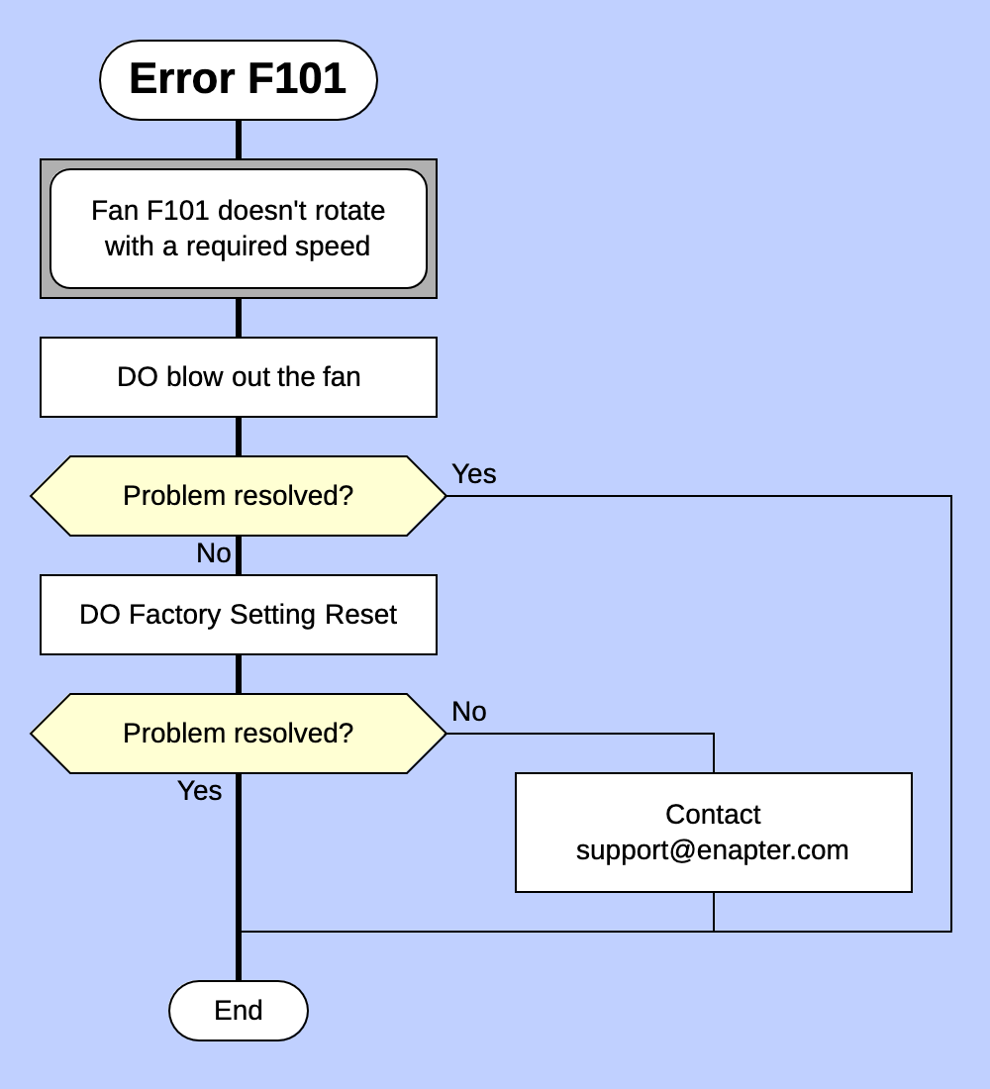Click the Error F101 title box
pyautogui.click(x=238, y=80)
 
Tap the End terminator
pyautogui.click(x=238, y=1010)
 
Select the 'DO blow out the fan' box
pyautogui.click(x=238, y=377)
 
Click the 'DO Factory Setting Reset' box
pyautogui.click(x=238, y=615)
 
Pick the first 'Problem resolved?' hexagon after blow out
pyautogui.click(x=238, y=496)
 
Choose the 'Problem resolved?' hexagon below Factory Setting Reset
pyautogui.click(x=238, y=734)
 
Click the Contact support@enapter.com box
pyautogui.click(x=713, y=833)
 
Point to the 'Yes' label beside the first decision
pyautogui.click(x=473, y=474)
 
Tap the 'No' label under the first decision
pyautogui.click(x=213, y=553)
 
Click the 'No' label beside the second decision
pyautogui.click(x=468, y=712)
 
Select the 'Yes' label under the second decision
pyautogui.click(x=199, y=791)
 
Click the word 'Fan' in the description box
pyautogui.click(x=114, y=211)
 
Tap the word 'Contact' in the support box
pyautogui.click(x=713, y=815)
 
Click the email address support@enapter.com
pyautogui.click(x=713, y=850)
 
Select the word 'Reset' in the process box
pyautogui.click(x=360, y=615)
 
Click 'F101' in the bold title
pyautogui.click(x=296, y=79)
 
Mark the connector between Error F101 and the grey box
pyautogui.click(x=238, y=140)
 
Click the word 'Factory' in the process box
pyautogui.click(x=175, y=615)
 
